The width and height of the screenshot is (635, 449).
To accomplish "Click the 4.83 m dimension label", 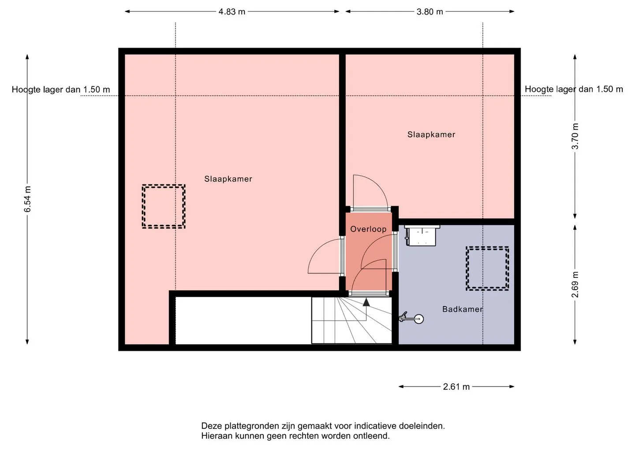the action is (x=232, y=11).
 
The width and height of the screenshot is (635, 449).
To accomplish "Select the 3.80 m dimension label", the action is (x=430, y=11).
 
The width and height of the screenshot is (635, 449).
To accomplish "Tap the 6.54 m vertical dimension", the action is (x=27, y=199).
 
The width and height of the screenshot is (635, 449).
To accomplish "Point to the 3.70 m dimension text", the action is (x=575, y=136).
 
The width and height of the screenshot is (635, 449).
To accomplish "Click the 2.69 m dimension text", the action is (x=575, y=284).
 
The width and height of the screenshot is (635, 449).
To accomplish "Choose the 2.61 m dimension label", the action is (x=456, y=387).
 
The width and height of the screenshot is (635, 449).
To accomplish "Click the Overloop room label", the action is (x=368, y=229).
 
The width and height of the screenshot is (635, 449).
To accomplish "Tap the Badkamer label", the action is (x=463, y=309).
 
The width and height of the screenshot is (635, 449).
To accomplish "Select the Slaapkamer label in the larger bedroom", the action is (x=228, y=179).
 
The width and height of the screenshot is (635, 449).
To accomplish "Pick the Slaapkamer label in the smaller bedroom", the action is (x=431, y=135).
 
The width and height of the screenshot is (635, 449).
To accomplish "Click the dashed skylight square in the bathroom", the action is (x=487, y=247).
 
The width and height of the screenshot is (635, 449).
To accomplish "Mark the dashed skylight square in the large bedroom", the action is (x=164, y=186).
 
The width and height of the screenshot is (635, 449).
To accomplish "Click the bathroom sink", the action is (x=421, y=236).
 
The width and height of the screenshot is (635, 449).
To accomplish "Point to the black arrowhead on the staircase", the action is (x=366, y=302).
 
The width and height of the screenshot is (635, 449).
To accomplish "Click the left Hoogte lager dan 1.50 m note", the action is (x=61, y=90).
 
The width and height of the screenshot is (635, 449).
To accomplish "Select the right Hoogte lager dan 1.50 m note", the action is (x=574, y=90).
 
